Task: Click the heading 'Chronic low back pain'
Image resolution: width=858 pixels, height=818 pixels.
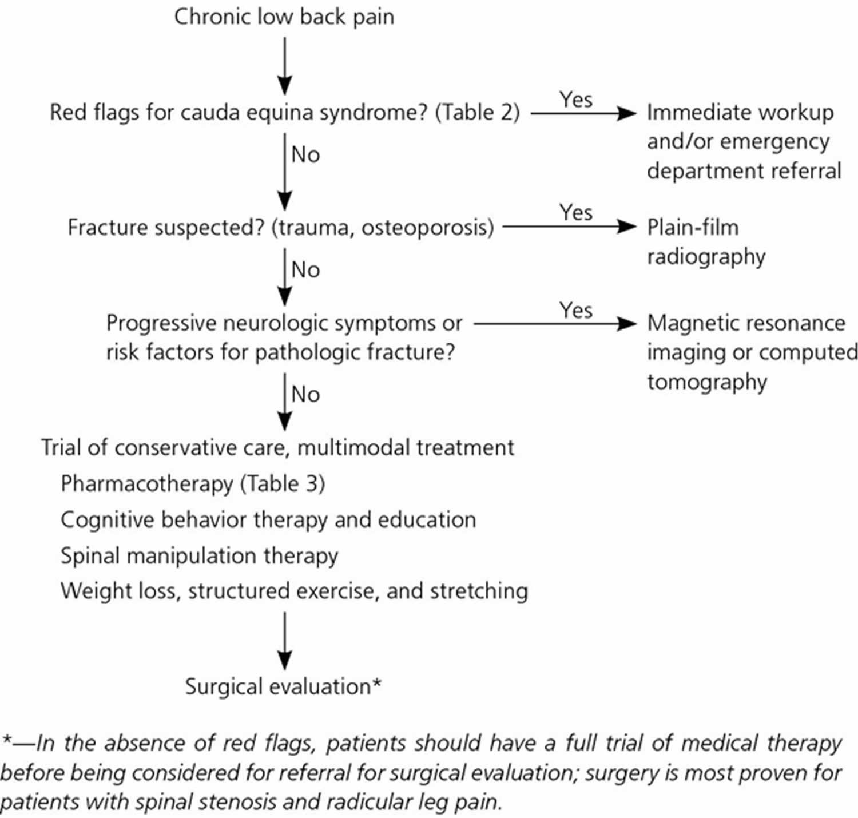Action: [284, 18]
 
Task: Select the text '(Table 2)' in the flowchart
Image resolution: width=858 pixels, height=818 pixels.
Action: [478, 113]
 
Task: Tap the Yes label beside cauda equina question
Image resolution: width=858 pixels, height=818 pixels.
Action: [576, 100]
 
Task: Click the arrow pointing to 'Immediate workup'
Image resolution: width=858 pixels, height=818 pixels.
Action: [583, 113]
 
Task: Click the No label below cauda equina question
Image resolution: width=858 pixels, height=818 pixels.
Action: [305, 154]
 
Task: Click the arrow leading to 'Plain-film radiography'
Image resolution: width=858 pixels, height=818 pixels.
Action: [570, 226]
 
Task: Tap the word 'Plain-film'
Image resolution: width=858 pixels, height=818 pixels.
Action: [693, 228]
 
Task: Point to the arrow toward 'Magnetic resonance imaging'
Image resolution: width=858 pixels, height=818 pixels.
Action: [555, 323]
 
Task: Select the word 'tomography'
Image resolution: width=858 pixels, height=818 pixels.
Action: [706, 382]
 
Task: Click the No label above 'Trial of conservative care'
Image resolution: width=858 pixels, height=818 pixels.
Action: [305, 395]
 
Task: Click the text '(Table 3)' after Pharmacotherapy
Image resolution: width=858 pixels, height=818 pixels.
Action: [283, 484]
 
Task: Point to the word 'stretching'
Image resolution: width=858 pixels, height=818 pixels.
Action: [479, 592]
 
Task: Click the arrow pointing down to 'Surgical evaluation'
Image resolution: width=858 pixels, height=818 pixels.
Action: [284, 641]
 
